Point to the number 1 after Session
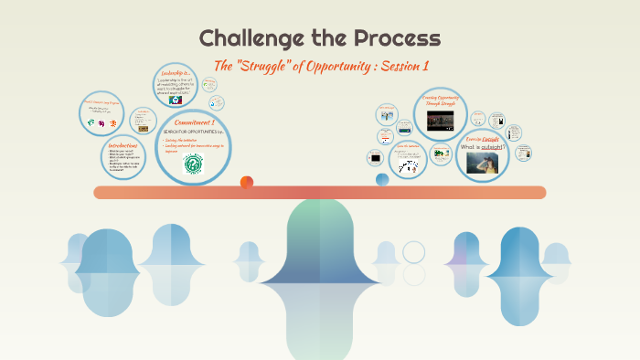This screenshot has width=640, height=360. tap(425, 66)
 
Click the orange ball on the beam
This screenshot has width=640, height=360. tap(247, 182)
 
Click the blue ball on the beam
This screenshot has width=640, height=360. tap(382, 179)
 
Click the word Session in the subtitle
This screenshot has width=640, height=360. tap(397, 66)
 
